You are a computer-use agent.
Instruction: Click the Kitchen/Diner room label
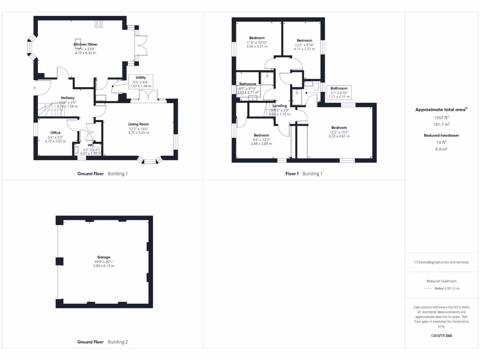click(85, 44)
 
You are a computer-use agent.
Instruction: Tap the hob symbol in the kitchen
click(99, 23)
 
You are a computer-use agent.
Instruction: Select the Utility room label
click(141, 77)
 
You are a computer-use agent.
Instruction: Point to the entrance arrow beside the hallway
click(35, 88)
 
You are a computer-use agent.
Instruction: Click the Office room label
click(56, 133)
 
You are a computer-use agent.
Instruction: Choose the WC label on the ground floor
click(91, 145)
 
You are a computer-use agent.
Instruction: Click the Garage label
click(104, 257)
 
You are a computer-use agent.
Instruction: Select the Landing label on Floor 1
click(280, 106)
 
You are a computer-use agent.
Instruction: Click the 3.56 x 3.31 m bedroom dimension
click(257, 46)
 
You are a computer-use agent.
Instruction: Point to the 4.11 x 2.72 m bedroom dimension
click(304, 49)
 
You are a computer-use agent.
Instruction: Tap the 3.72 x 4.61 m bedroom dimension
click(339, 136)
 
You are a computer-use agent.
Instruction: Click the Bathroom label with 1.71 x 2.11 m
click(339, 88)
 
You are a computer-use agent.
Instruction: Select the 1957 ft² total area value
click(441, 117)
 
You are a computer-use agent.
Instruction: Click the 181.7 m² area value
click(441, 124)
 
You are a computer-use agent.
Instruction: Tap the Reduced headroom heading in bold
click(441, 135)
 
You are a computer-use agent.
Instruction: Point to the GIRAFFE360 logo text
click(441, 336)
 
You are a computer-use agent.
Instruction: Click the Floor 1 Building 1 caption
click(304, 173)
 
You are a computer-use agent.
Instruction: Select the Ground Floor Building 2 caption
click(103, 342)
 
